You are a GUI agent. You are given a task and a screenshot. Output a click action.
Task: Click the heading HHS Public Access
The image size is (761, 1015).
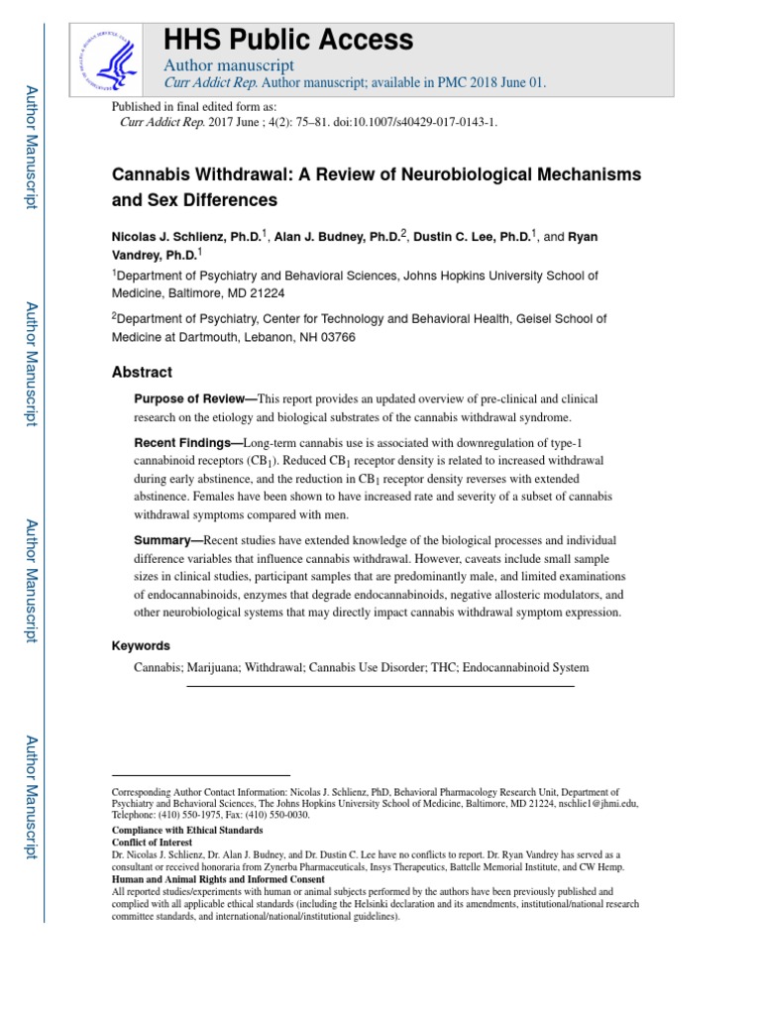287,40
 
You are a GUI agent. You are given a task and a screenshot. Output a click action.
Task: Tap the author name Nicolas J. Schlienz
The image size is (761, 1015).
185,237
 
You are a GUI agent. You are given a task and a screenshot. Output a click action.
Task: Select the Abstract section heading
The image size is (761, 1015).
142,373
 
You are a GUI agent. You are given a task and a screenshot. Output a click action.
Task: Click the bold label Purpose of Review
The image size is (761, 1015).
192,398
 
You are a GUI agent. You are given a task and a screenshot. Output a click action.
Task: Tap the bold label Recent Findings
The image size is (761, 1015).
187,442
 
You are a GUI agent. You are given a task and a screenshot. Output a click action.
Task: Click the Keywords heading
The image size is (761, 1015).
141,645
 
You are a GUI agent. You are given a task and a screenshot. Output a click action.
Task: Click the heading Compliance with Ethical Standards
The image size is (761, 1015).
187,830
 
